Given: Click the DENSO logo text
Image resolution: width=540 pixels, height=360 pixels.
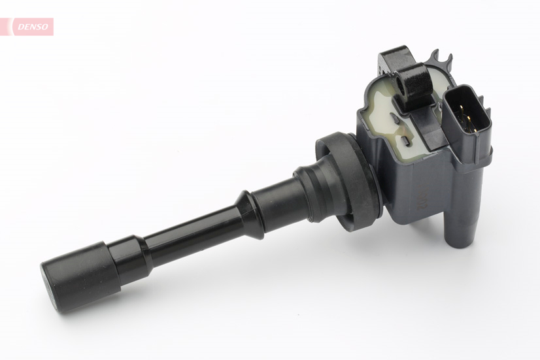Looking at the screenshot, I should (x=31, y=26).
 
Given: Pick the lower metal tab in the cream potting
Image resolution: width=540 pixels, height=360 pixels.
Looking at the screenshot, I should (x=407, y=142).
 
